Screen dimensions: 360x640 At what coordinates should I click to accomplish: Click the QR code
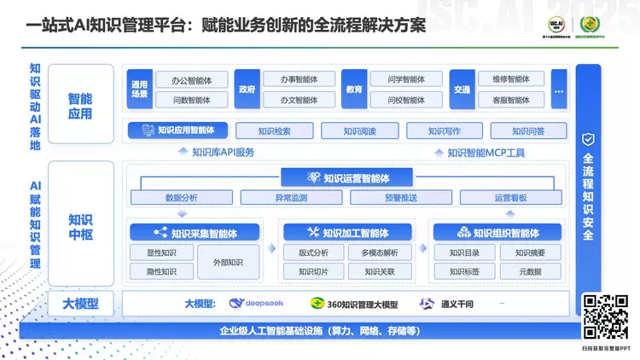point(605,316)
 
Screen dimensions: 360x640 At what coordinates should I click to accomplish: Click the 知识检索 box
point(274,131)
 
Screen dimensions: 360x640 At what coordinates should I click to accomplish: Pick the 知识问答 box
point(528,131)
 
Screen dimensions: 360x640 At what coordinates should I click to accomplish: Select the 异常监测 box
point(291,198)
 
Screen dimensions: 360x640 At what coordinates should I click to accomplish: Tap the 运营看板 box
point(510,198)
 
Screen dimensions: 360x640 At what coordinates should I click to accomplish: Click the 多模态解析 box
point(379,253)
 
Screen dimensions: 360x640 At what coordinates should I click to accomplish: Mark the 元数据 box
point(530,272)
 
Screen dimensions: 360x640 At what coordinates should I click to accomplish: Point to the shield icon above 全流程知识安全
point(588,139)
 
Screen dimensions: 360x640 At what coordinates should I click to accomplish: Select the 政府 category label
point(247,90)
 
